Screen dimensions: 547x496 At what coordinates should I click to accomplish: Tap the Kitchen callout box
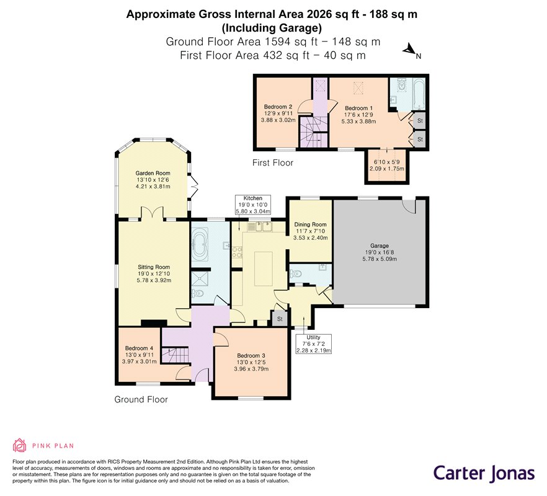(253, 205)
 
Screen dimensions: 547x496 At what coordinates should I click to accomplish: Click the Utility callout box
(313, 344)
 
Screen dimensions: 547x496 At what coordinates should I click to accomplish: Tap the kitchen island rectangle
(264, 268)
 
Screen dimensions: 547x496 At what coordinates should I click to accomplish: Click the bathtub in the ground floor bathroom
(200, 244)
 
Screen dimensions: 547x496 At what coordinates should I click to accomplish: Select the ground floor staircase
(175, 356)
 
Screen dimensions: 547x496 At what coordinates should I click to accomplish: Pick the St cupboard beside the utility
(280, 319)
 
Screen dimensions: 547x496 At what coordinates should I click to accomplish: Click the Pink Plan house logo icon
(20, 445)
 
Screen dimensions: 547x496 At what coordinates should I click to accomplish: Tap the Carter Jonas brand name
(484, 474)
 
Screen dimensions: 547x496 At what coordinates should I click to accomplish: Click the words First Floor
(273, 162)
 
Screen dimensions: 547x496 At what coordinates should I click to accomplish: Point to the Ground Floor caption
(141, 399)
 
